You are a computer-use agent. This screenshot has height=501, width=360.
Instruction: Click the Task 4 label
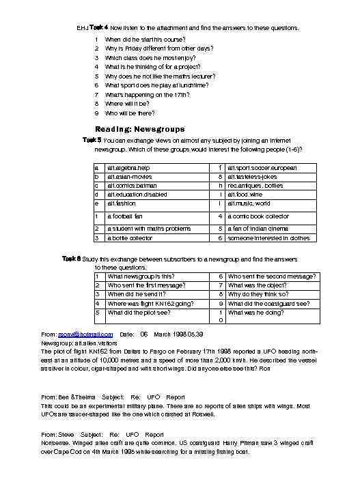(98, 27)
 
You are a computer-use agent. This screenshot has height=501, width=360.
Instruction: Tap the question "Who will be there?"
(130, 113)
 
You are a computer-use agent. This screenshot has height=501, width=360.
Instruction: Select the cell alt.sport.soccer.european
(262, 168)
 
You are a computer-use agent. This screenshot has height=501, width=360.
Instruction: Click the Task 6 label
(72, 259)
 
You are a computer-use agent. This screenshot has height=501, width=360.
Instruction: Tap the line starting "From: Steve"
(102, 434)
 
